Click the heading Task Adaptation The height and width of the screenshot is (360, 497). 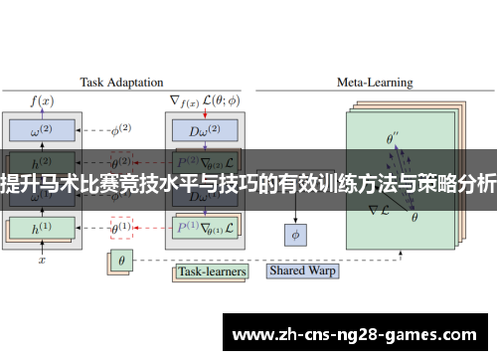click(x=117, y=83)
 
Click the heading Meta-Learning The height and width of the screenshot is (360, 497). click(x=375, y=83)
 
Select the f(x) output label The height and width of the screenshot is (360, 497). click(x=42, y=100)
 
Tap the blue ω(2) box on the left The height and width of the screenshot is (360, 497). click(x=42, y=129)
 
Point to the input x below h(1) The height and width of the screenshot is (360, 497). click(x=42, y=261)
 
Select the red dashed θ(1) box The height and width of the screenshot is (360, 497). click(x=121, y=227)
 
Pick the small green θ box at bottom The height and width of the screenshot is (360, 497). click(x=121, y=263)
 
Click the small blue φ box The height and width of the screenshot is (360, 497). click(x=295, y=235)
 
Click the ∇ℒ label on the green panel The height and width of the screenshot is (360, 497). click(x=378, y=210)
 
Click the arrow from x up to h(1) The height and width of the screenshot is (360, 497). click(x=42, y=249)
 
